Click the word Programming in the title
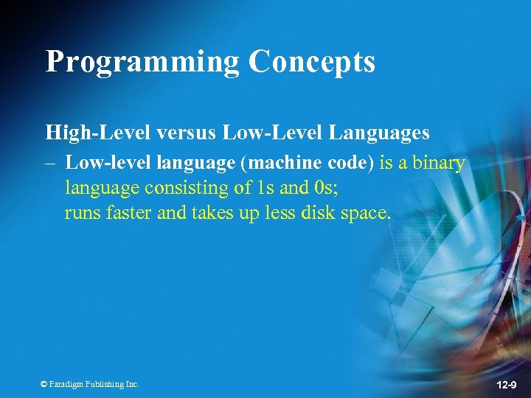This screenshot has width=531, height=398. [x=142, y=62]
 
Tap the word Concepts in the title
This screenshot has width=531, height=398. [x=312, y=62]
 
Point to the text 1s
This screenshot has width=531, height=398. [x=265, y=188]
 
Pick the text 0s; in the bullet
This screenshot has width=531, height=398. [x=326, y=188]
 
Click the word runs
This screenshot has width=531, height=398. [x=80, y=213]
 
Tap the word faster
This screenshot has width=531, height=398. [x=125, y=213]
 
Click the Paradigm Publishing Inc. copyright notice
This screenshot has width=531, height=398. [x=89, y=384]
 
